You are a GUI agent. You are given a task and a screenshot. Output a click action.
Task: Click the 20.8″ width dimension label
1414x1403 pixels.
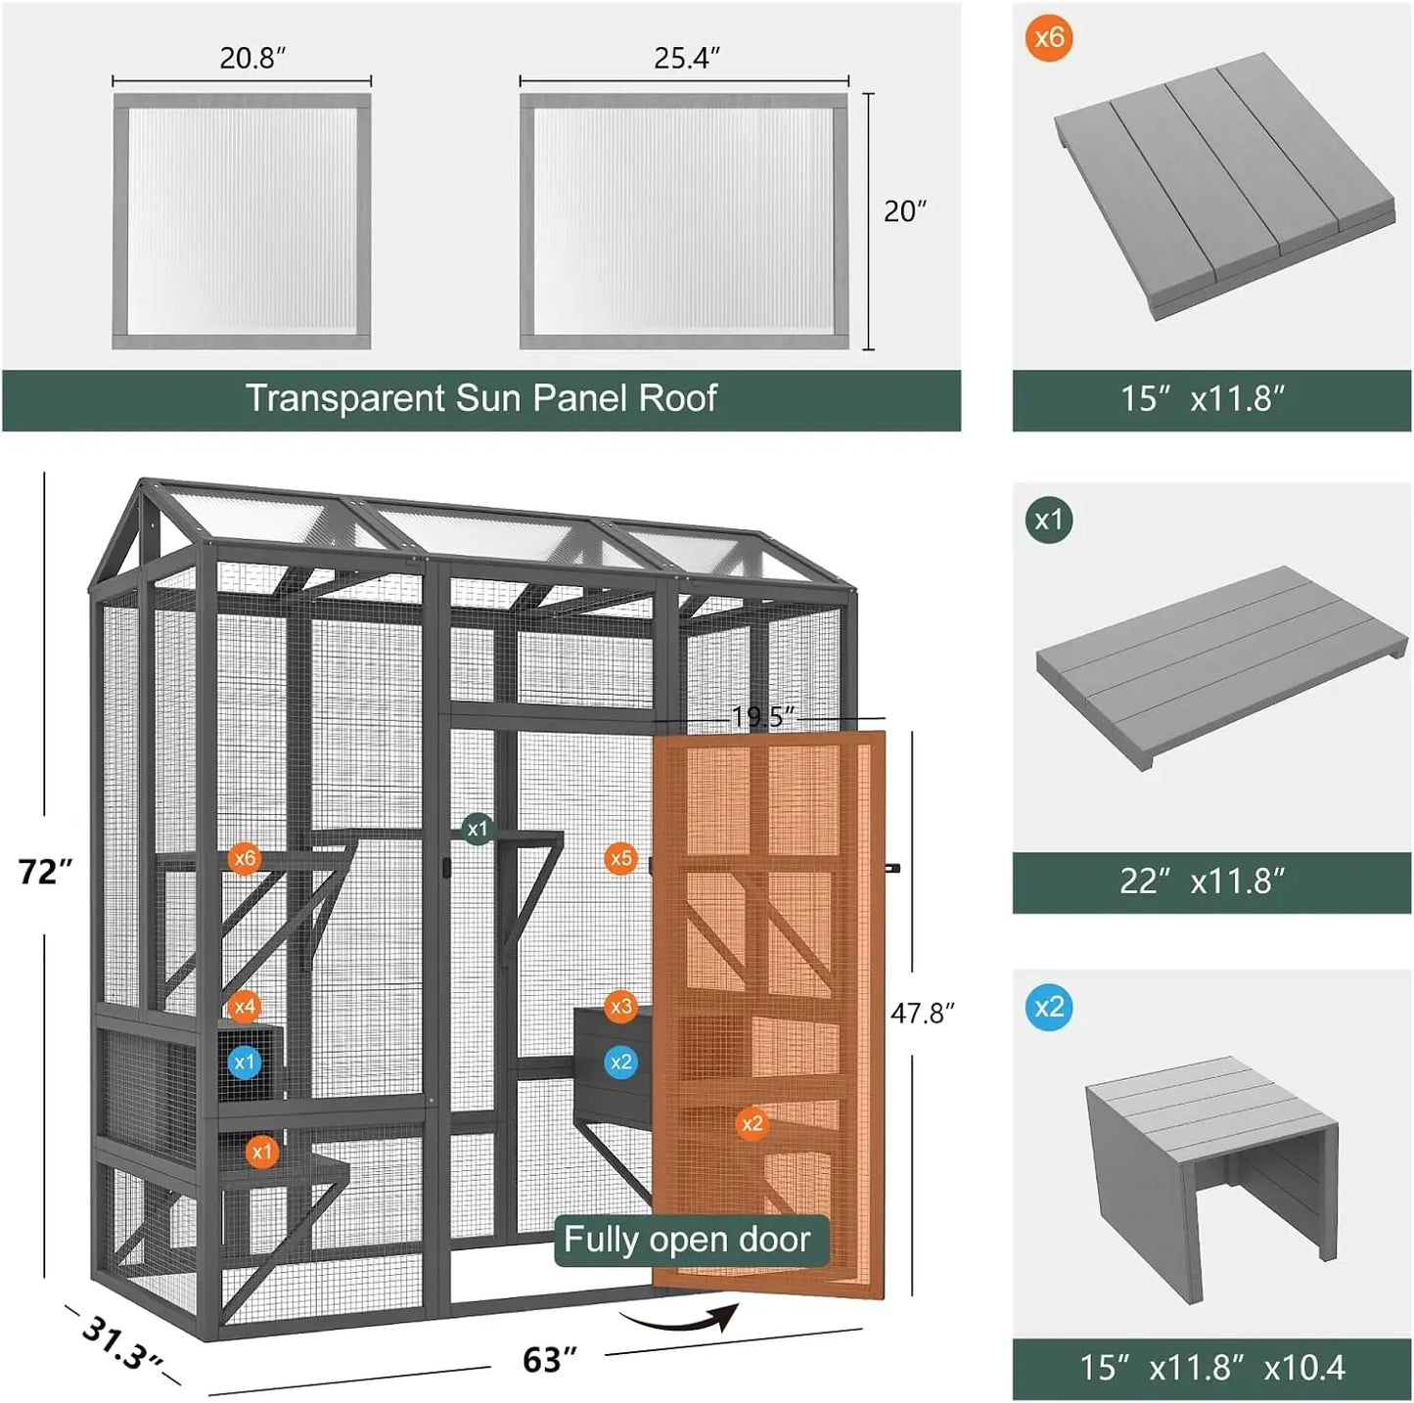tap(252, 59)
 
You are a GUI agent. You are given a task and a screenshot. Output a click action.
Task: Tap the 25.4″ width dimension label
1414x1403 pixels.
tap(687, 59)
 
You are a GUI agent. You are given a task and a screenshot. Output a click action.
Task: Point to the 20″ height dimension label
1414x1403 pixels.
tap(904, 211)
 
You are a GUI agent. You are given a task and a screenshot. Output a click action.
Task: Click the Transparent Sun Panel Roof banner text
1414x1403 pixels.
tap(480, 398)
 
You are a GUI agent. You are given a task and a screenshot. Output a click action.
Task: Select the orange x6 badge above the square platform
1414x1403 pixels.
tap(1049, 38)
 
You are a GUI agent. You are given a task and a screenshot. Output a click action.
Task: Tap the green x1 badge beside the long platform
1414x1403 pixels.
tap(1049, 520)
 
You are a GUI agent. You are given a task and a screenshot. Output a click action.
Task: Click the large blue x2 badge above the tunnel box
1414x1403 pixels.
tap(1049, 1007)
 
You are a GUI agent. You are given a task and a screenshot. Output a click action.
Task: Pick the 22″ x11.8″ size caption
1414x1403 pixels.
tap(1202, 882)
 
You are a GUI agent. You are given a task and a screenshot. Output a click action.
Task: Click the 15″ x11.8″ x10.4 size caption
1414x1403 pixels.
tap(1211, 1367)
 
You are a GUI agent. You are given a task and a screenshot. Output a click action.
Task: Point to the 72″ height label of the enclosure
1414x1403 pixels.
tap(45, 871)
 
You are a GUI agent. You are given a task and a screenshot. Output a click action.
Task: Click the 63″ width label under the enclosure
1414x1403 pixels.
tap(549, 1359)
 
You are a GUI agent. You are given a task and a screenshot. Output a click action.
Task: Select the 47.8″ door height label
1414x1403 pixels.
tap(922, 1013)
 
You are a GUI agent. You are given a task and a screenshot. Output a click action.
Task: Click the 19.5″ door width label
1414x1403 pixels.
tap(763, 717)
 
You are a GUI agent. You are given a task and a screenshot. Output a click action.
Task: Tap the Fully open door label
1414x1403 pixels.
tap(687, 1240)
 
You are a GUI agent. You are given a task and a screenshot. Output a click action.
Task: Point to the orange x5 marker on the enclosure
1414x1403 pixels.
tap(621, 859)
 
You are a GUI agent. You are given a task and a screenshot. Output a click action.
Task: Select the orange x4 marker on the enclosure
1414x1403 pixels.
tap(245, 1006)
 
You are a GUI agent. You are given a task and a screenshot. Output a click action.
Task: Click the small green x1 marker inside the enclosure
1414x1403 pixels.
tap(477, 829)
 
